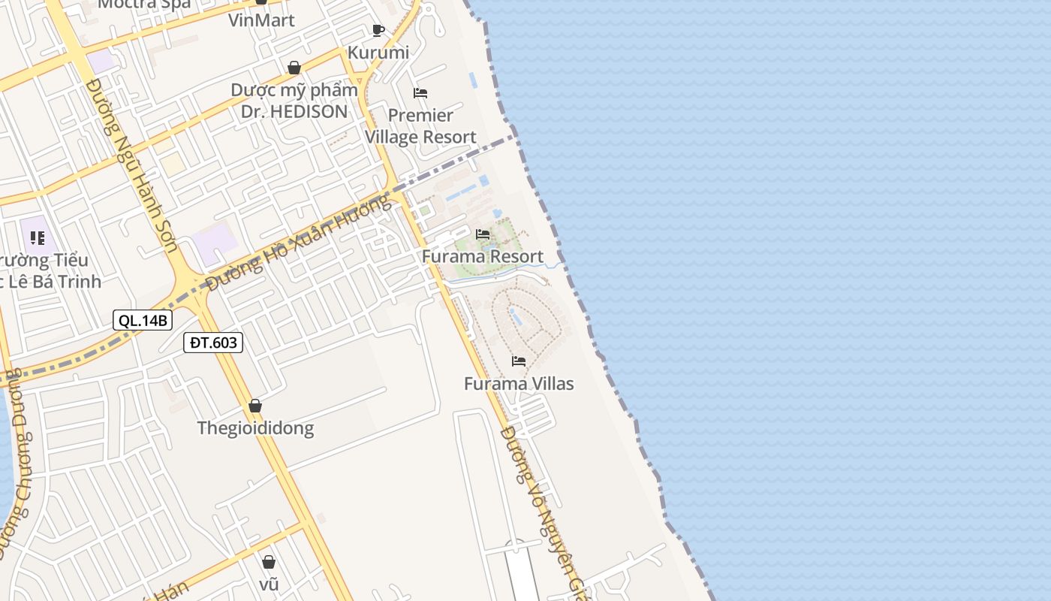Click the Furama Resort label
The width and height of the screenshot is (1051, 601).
(483, 256)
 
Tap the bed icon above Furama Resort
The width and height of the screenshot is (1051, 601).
(483, 234)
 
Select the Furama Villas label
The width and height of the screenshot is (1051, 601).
(519, 384)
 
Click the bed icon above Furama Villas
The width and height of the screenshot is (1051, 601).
(519, 361)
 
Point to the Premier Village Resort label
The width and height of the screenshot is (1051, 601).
(420, 126)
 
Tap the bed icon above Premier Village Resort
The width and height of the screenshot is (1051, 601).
(420, 93)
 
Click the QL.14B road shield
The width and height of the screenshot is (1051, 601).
(143, 320)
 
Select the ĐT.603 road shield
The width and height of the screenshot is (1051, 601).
(213, 343)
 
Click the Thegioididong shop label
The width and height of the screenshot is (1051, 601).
(255, 428)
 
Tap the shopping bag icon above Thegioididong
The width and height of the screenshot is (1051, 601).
(255, 406)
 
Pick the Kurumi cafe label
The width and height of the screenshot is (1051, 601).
(378, 53)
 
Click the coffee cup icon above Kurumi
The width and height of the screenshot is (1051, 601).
(378, 30)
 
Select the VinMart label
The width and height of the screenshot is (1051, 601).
(261, 20)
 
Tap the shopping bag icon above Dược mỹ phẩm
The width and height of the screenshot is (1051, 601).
(294, 68)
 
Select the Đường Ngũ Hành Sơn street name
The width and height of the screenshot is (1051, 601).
(131, 165)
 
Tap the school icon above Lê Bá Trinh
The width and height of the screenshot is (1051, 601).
(38, 238)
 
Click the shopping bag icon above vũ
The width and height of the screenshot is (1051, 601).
(269, 562)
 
